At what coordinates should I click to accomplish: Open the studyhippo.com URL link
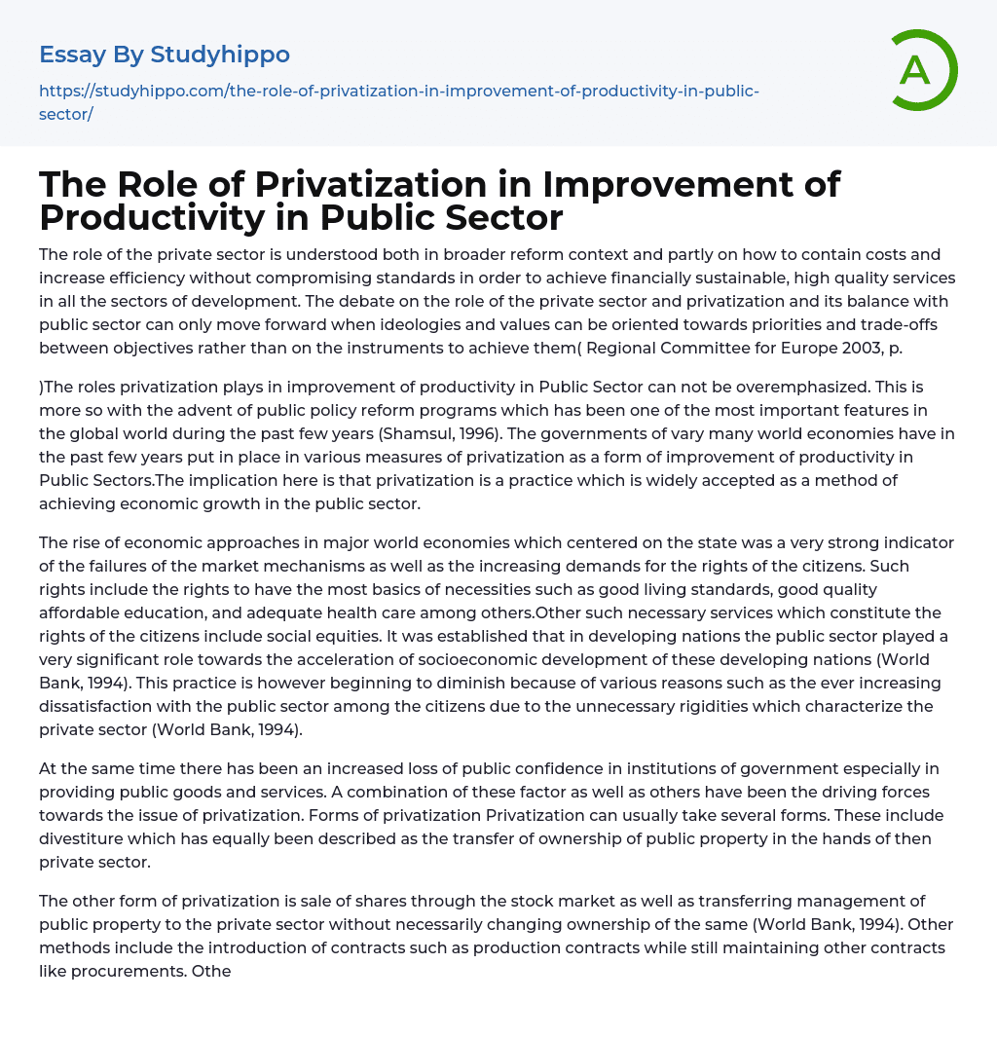(398, 102)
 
